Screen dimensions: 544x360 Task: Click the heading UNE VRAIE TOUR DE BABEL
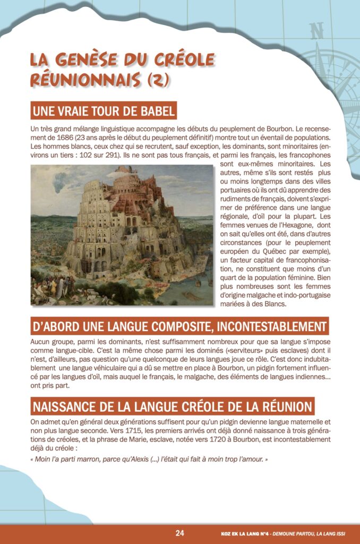point(104,112)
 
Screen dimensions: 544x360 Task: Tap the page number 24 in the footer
point(180,533)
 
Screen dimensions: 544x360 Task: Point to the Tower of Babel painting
point(122,235)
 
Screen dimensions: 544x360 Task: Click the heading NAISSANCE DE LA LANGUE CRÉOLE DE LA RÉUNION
point(173,407)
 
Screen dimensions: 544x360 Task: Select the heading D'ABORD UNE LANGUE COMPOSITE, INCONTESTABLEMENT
point(179,326)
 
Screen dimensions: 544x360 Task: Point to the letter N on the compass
point(318,31)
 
